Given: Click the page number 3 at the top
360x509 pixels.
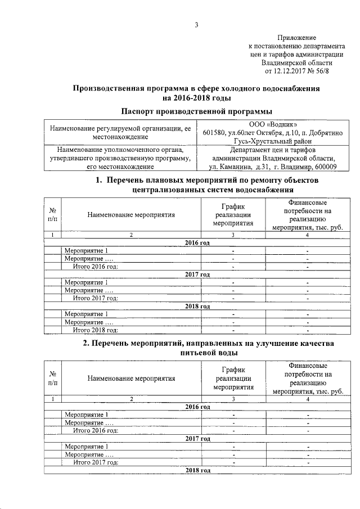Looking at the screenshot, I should coord(196,25).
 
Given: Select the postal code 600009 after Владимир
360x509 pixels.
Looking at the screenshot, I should coord(325,167).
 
